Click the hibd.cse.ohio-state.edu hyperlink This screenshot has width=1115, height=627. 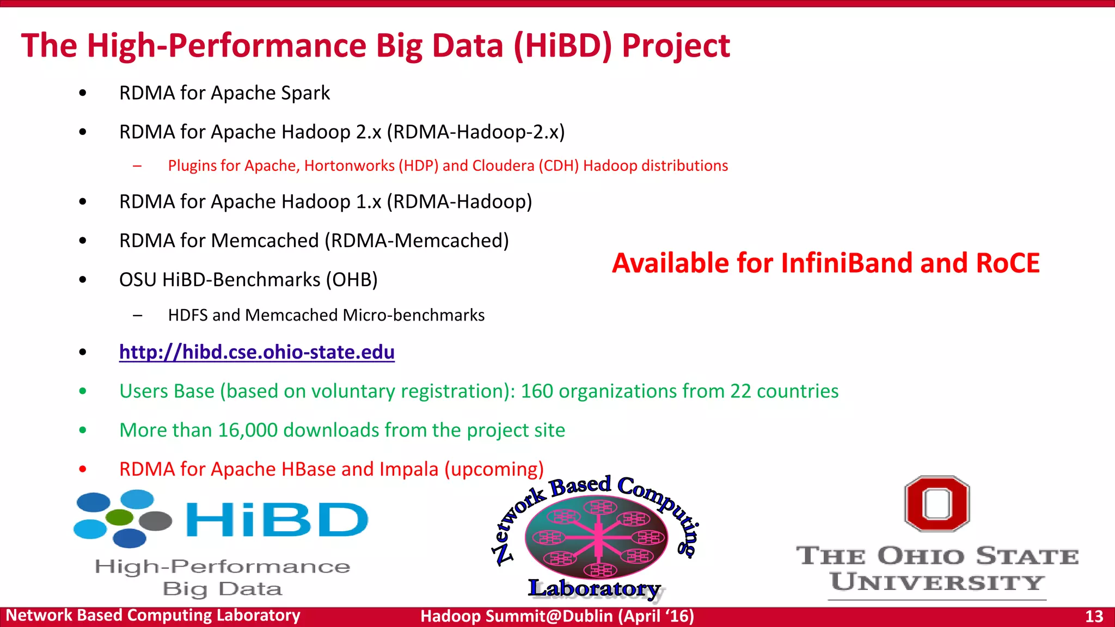point(256,352)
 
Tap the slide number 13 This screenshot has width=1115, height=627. point(1094,616)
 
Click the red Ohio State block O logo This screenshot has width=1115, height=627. point(937,503)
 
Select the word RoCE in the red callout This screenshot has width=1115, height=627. point(1008,263)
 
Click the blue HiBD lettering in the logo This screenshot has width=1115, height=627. point(277,520)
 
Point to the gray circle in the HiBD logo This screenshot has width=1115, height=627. point(156,521)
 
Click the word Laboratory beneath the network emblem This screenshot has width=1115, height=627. point(594,588)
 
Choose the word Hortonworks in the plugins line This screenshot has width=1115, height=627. point(349,165)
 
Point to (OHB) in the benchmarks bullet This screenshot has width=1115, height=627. point(352,280)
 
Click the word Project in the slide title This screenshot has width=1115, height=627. point(676,46)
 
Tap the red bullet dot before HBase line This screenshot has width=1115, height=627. point(83,469)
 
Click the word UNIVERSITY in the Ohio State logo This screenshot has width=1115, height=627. point(937,582)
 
